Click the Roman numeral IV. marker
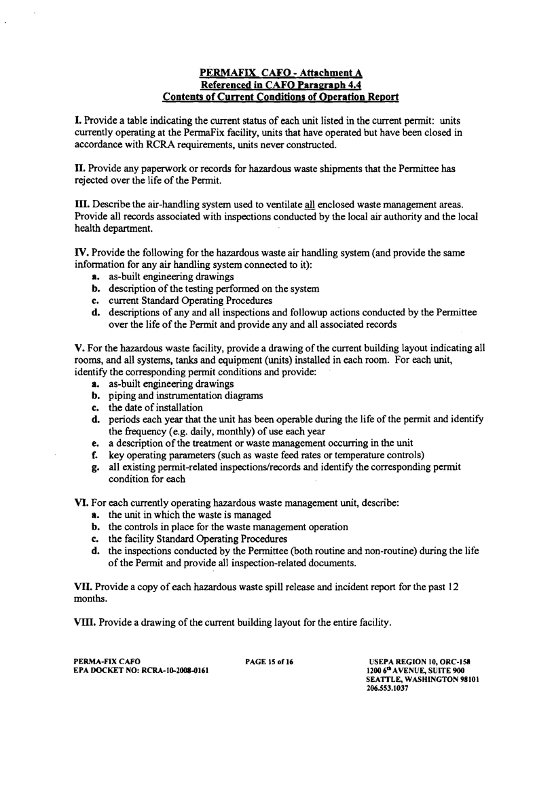(80, 252)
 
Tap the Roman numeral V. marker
(78, 347)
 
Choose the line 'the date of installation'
(155, 408)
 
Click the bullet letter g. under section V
(96, 468)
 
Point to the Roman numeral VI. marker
(81, 503)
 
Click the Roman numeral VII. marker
(83, 586)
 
